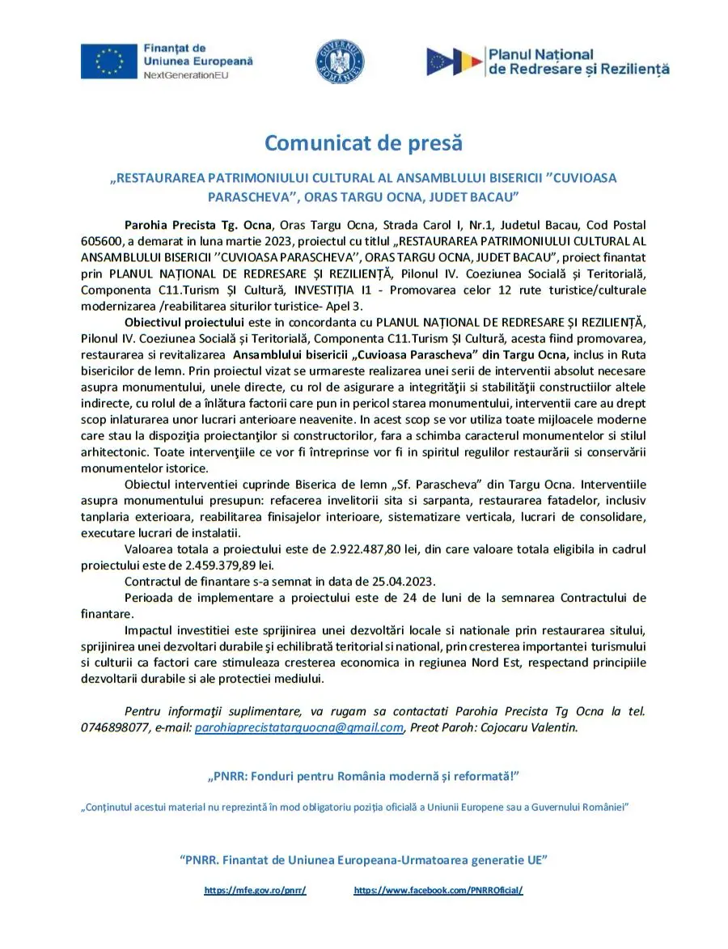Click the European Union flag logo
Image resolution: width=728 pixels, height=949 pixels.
tap(108, 61)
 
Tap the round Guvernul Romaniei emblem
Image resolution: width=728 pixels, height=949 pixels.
tap(340, 62)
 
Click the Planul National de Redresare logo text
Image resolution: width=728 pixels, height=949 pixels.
tap(578, 61)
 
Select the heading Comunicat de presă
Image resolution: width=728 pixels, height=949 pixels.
tap(364, 143)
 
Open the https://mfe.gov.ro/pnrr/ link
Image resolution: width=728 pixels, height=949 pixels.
tap(255, 890)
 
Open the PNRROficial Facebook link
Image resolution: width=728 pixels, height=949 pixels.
tap(438, 890)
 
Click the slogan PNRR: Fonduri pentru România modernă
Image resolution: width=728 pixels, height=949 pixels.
tap(363, 777)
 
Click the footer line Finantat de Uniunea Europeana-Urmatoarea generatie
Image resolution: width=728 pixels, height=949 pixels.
tap(363, 859)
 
